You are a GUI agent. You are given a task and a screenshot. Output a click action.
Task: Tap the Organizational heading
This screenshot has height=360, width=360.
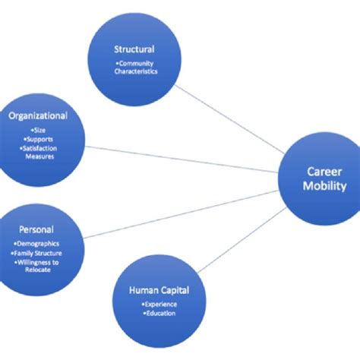pos(38,116)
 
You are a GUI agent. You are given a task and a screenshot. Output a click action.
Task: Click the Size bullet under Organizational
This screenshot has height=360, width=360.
pos(37,131)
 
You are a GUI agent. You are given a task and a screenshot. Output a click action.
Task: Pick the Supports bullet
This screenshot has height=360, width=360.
pos(37,140)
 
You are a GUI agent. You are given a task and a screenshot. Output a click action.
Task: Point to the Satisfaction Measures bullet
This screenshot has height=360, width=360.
pos(37,153)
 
